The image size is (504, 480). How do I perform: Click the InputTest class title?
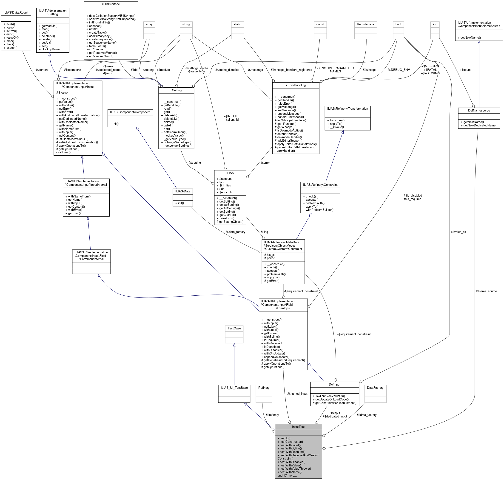pyautogui.click(x=298, y=427)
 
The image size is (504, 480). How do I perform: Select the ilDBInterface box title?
pyautogui.click(x=111, y=4)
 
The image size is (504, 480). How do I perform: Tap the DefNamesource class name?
pyautogui.click(x=479, y=111)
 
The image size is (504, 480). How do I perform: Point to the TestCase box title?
pyautogui.click(x=234, y=328)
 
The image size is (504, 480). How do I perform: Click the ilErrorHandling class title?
pyautogui.click(x=296, y=85)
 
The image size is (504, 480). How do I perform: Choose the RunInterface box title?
pyautogui.click(x=366, y=24)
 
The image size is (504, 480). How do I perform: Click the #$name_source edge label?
pyautogui.click(x=486, y=291)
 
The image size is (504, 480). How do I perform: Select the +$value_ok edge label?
pyautogui.click(x=458, y=232)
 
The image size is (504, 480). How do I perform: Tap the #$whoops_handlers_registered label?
pyautogui.click(x=291, y=70)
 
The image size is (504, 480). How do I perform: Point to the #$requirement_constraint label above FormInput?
pyautogui.click(x=301, y=291)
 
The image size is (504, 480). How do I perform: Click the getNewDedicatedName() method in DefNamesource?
pyautogui.click(x=480, y=125)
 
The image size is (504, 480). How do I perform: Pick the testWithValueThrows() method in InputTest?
pyautogui.click(x=296, y=469)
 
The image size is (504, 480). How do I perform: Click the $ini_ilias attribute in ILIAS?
pyautogui.click(x=225, y=186)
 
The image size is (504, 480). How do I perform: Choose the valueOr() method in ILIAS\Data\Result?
pyautogui.click(x=12, y=38)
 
